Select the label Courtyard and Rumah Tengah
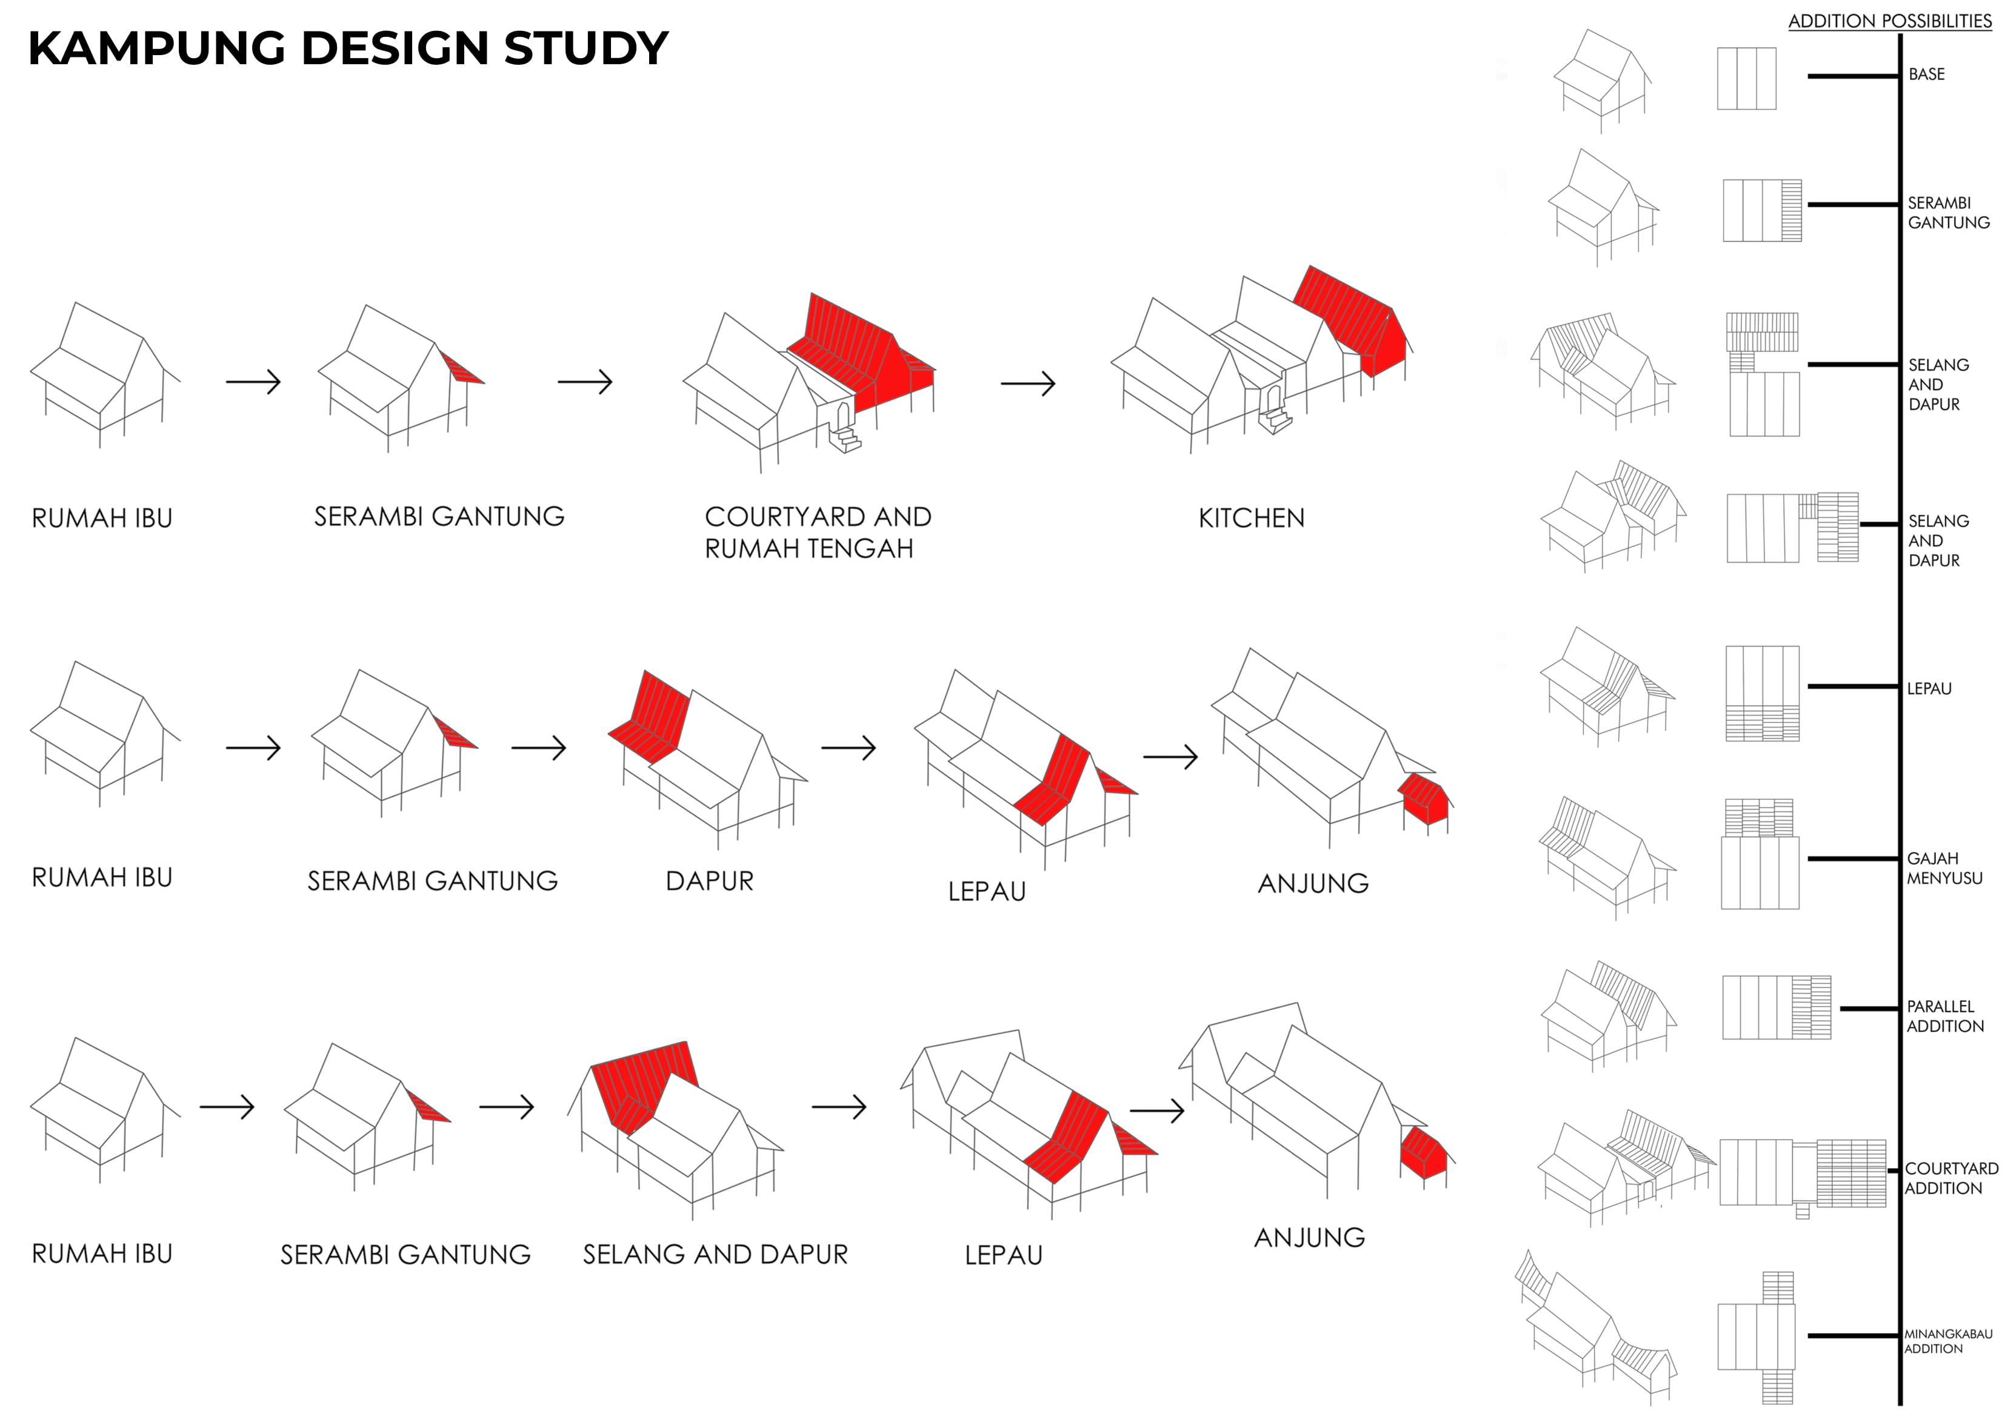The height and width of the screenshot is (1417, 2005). [818, 532]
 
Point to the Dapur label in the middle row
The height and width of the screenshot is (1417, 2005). [709, 880]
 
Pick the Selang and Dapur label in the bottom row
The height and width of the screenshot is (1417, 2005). [715, 1254]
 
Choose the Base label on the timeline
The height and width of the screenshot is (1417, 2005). [1926, 74]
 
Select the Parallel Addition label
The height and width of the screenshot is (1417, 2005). [1945, 1017]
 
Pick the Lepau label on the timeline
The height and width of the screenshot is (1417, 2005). [1929, 688]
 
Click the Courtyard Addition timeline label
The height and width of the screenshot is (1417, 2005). [1951, 1178]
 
